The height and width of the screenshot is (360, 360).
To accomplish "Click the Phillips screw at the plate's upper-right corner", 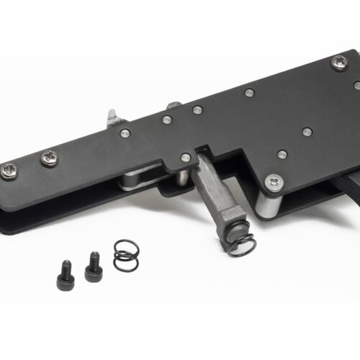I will [x=338, y=63].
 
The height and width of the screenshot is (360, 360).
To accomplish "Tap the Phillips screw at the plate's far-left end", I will [x=10, y=170].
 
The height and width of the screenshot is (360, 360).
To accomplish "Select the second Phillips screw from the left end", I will [x=50, y=158].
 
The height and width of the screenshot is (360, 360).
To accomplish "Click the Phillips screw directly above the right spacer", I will [x=273, y=182].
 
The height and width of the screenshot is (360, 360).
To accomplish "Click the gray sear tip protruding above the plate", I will [x=112, y=118].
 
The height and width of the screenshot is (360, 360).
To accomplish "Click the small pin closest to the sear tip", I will [x=125, y=132].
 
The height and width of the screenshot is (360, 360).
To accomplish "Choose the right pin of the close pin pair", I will [x=196, y=110].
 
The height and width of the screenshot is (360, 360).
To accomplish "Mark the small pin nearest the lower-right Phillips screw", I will [x=282, y=154].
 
